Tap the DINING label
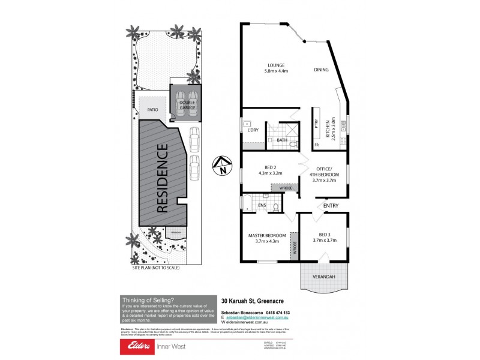pyautogui.click(x=321, y=70)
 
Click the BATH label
pyautogui.click(x=281, y=140)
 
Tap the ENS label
pyautogui.click(x=261, y=206)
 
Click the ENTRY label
pyautogui.click(x=331, y=206)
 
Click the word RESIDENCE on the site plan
pyautogui.click(x=163, y=179)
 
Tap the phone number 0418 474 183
pyautogui.click(x=277, y=313)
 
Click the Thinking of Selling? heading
pyautogui.click(x=148, y=300)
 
